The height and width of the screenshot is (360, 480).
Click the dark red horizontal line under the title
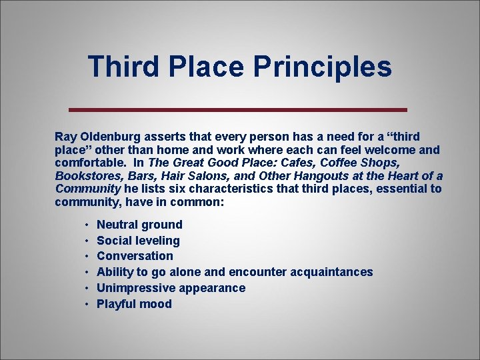pos(239,109)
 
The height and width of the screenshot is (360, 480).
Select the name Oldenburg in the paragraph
pos(107,137)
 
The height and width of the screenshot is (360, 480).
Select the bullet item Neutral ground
pos(139,225)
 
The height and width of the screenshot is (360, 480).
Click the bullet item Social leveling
pos(138,241)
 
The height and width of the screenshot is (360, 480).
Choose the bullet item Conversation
pos(135,256)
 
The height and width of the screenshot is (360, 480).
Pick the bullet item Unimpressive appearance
pos(171,288)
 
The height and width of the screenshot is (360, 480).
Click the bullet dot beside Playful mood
pos(87,304)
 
